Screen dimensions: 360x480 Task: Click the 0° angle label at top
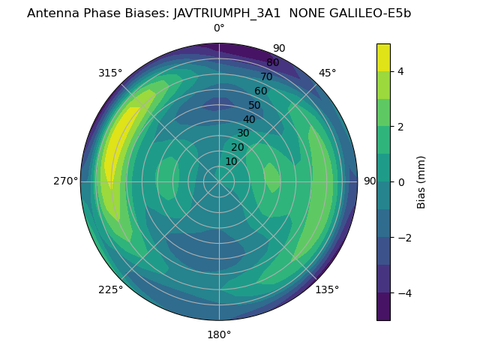pos(219,28)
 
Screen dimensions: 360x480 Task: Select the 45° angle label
pos(327,73)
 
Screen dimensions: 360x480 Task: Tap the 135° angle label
pos(327,289)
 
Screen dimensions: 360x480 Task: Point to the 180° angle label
pos(219,334)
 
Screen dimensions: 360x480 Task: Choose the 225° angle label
pos(110,289)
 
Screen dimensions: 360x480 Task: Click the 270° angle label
pos(66,181)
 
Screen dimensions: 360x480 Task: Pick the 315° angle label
pos(110,73)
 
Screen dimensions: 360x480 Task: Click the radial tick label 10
pos(231,161)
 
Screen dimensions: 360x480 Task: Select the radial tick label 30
pos(243,133)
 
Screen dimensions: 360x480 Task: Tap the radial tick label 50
pos(255,106)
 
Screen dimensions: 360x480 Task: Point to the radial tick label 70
pos(266,76)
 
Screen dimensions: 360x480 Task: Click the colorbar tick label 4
pos(400,71)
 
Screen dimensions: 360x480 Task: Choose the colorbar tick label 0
pos(400,182)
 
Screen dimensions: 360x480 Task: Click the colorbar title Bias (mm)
pos(421,182)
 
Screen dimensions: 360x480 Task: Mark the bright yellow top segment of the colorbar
pos(383,58)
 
